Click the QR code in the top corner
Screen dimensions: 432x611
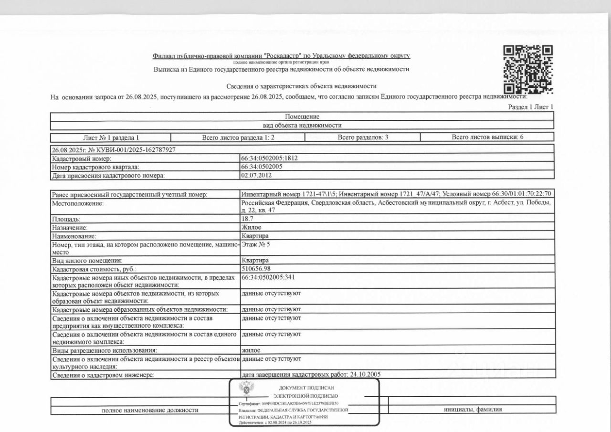pyautogui.click(x=528, y=69)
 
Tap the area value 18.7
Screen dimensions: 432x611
pyautogui.click(x=247, y=219)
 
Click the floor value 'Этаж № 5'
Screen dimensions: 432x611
pyautogui.click(x=256, y=244)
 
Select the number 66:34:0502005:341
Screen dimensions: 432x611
pyautogui.click(x=271, y=277)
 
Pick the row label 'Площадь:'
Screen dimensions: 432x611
pyautogui.click(x=70, y=219)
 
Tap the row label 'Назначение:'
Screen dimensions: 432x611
pyautogui.click(x=73, y=227)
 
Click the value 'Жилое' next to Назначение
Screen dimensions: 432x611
pyautogui.click(x=252, y=227)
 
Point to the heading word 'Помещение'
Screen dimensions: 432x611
pyautogui.click(x=302, y=116)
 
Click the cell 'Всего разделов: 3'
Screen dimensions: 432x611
pyautogui.click(x=363, y=137)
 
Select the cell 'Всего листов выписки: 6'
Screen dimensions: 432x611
pyautogui.click(x=487, y=137)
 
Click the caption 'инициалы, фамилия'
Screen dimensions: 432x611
pyautogui.click(x=473, y=409)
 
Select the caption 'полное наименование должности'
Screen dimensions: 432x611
pyautogui.click(x=150, y=410)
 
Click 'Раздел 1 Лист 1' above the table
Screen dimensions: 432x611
pyautogui.click(x=531, y=107)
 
